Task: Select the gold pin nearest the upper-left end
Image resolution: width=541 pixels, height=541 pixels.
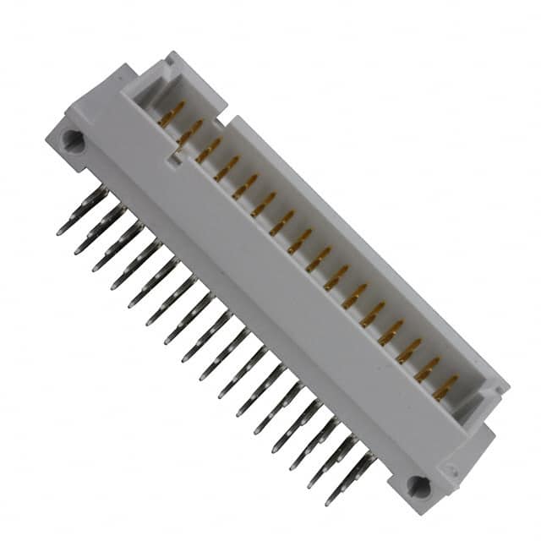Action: [x=172, y=113]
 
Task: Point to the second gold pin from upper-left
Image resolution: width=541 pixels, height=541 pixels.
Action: [x=190, y=132]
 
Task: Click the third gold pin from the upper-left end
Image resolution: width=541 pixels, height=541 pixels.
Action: [x=208, y=150]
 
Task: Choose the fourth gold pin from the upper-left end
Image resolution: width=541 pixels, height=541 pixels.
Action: [x=227, y=168]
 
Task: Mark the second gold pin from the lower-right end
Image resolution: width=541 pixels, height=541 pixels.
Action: [x=427, y=369]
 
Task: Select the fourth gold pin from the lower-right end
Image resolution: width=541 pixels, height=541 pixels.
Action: [x=391, y=333]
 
